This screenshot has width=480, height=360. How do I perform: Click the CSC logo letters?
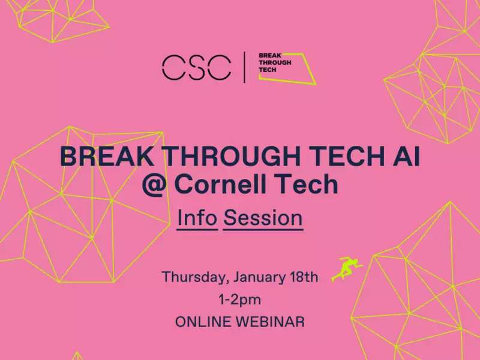pos(196,68)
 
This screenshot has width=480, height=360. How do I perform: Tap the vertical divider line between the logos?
pos(244,67)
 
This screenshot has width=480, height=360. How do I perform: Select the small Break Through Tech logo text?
pos(275,63)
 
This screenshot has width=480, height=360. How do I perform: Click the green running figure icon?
pos(347,269)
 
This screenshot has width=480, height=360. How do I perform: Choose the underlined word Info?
pos(197,218)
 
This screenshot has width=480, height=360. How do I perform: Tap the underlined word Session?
pos(263,218)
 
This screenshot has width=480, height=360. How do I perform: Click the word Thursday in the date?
pos(196,277)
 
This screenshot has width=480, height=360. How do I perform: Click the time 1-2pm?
pos(239,299)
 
